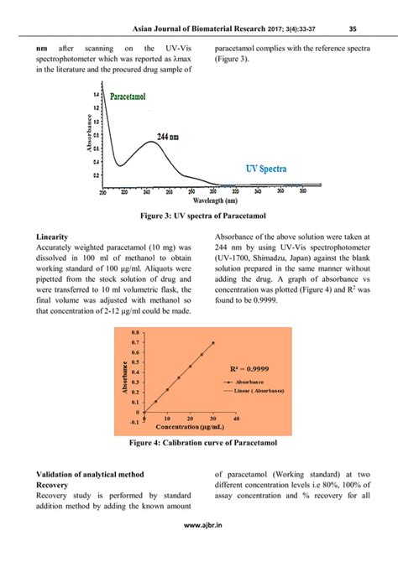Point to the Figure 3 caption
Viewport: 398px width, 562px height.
click(198, 216)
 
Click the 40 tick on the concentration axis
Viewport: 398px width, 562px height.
click(236, 418)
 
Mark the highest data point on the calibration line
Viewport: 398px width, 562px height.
click(212, 342)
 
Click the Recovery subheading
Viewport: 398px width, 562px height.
click(55, 485)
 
